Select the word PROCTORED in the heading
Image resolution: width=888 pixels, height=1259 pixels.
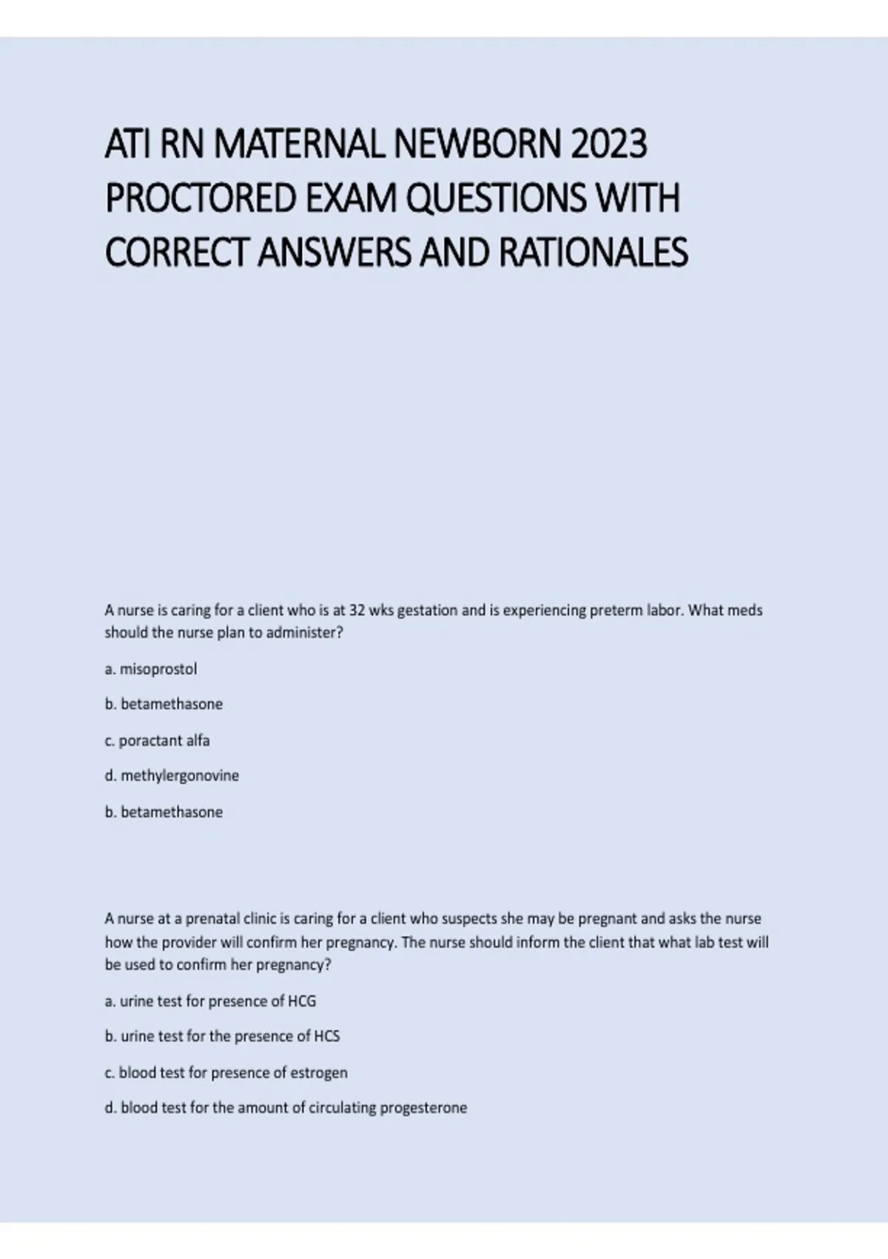tap(200, 198)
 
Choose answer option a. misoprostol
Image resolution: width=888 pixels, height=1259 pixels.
tap(151, 669)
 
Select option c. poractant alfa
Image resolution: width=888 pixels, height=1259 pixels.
tap(157, 740)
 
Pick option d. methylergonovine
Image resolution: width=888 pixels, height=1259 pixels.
tap(172, 775)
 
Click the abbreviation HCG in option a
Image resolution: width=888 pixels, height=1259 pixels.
tap(301, 1001)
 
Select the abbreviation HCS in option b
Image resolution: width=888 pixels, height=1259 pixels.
tap(326, 1036)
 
